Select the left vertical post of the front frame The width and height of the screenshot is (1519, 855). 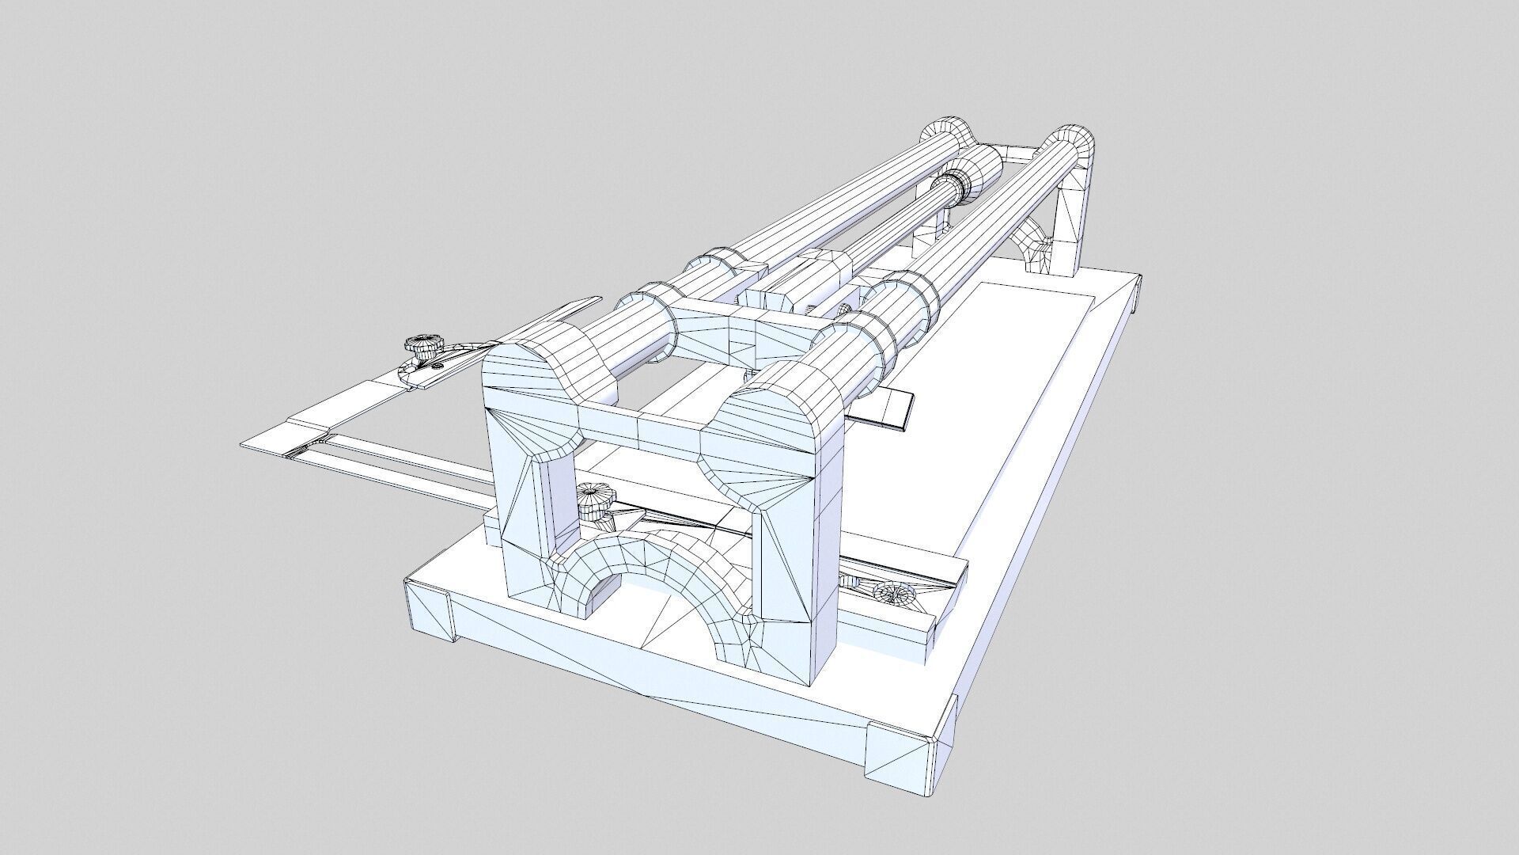coord(522,507)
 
